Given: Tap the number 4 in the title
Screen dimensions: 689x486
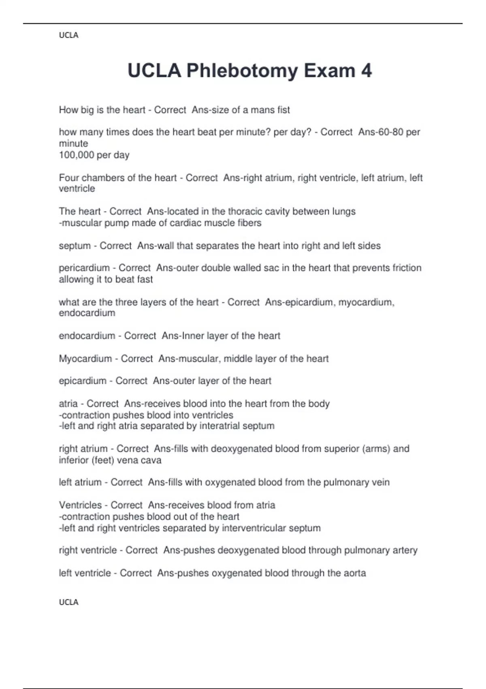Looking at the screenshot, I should (x=366, y=71).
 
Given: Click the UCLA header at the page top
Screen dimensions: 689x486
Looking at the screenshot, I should (x=68, y=35).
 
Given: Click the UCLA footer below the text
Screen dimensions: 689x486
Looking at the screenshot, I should (x=68, y=602).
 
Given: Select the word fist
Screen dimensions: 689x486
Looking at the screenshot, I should (x=282, y=110).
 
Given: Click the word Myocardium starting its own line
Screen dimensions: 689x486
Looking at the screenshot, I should (x=85, y=358).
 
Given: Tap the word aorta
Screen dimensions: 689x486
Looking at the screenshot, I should (x=354, y=573).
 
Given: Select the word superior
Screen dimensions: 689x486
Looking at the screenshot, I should (x=339, y=449).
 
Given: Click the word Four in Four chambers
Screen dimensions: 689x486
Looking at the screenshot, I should (x=69, y=178).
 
